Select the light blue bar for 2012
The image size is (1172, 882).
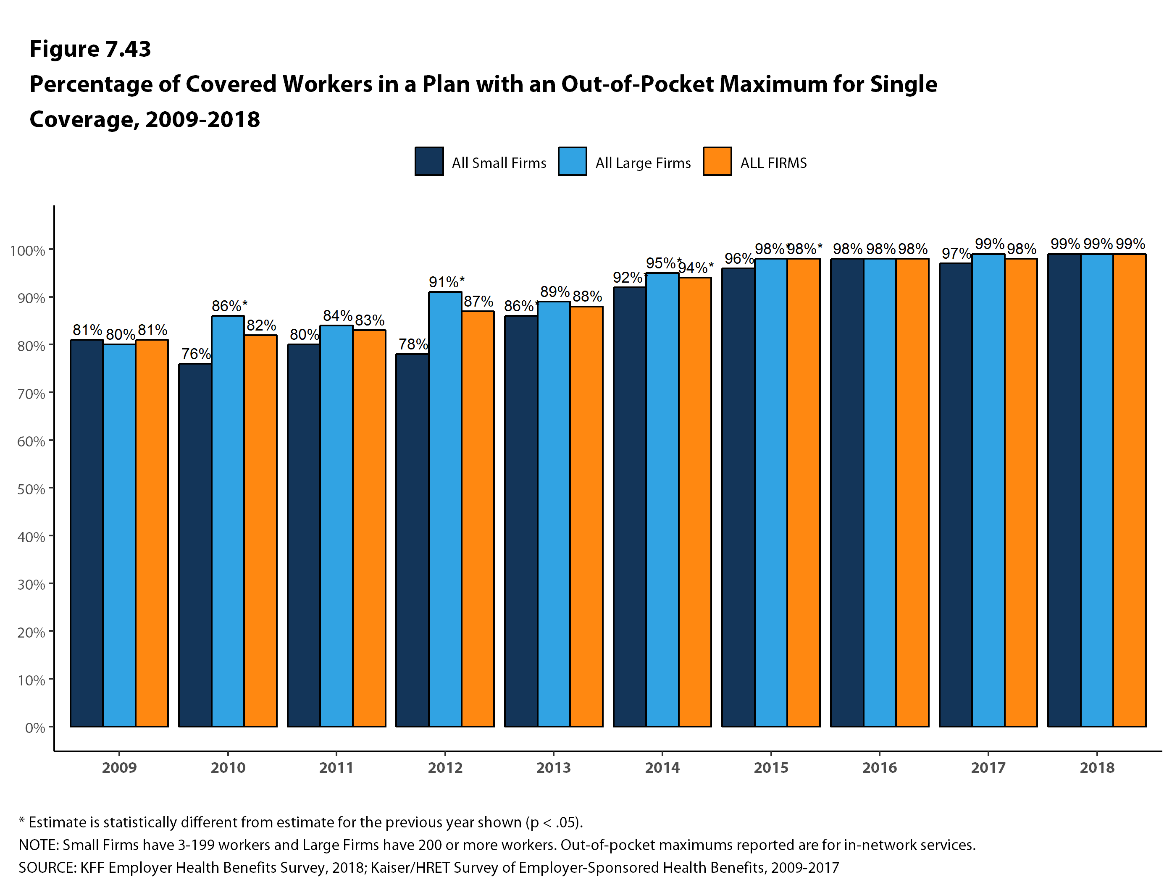point(445,509)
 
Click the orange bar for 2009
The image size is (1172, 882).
point(152,533)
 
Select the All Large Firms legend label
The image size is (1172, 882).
point(643,163)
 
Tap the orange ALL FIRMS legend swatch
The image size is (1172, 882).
point(717,161)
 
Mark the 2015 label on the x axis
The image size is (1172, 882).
point(771,768)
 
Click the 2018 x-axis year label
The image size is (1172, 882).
point(1097,768)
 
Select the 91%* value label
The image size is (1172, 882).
point(446,282)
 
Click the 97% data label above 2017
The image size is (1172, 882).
point(956,254)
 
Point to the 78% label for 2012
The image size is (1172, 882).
point(413,344)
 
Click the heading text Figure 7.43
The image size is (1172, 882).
point(90,49)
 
